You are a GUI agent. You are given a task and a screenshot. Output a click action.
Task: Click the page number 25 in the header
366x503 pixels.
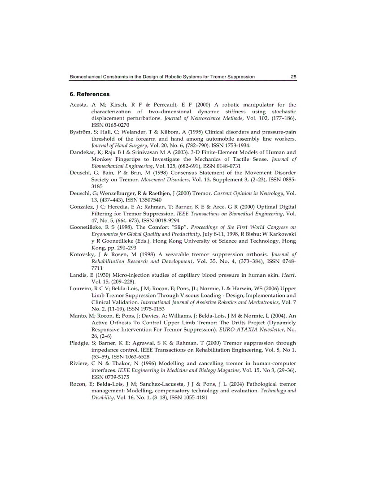(x=293, y=77)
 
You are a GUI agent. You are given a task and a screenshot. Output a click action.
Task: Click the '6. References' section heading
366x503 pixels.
(x=90, y=95)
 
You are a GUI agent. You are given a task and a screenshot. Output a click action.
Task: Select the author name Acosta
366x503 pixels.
(x=79, y=105)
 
